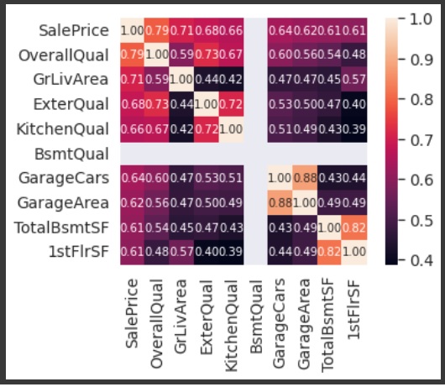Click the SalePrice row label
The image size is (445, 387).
[x=74, y=30]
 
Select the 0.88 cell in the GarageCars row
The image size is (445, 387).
[x=306, y=180]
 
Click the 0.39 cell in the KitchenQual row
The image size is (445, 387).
[x=356, y=130]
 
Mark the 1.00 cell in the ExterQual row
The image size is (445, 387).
[x=207, y=106]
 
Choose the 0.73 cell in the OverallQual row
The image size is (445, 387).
[x=207, y=56]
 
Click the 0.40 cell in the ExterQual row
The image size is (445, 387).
[x=356, y=106]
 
